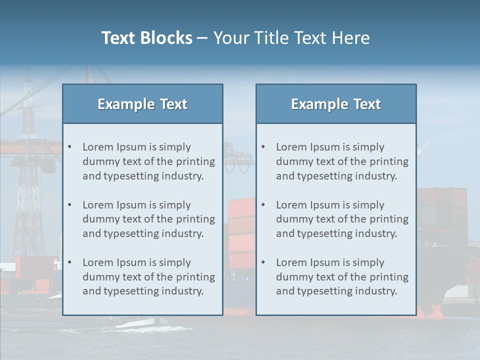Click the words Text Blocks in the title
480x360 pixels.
pyautogui.click(x=146, y=38)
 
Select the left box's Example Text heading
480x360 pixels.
pyautogui.click(x=142, y=104)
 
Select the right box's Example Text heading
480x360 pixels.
pyautogui.click(x=336, y=104)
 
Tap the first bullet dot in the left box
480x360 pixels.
pyautogui.click(x=70, y=147)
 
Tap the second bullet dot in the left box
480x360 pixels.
pyautogui.click(x=70, y=205)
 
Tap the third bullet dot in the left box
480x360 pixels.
pyautogui.click(x=70, y=262)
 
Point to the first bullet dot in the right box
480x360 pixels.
pyautogui.click(x=263, y=147)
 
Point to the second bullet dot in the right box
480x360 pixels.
pyautogui.click(x=263, y=205)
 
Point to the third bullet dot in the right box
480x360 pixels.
pyautogui.click(x=263, y=262)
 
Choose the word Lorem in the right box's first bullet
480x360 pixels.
pyautogui.click(x=291, y=147)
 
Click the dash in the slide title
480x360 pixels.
pyautogui.click(x=202, y=38)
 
